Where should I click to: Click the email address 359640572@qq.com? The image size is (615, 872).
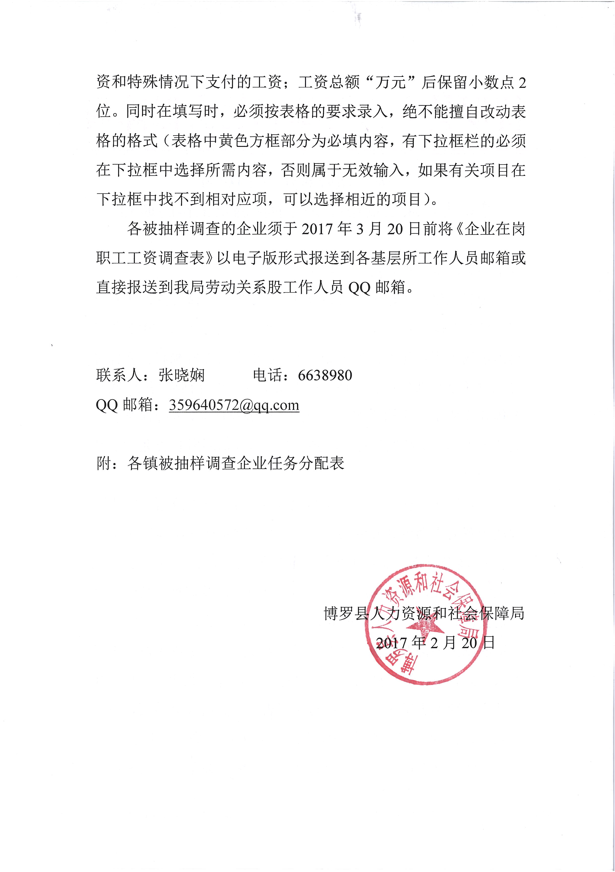(x=234, y=405)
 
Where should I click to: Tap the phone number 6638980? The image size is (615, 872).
(x=325, y=376)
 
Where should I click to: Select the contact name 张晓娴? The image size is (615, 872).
(x=182, y=376)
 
